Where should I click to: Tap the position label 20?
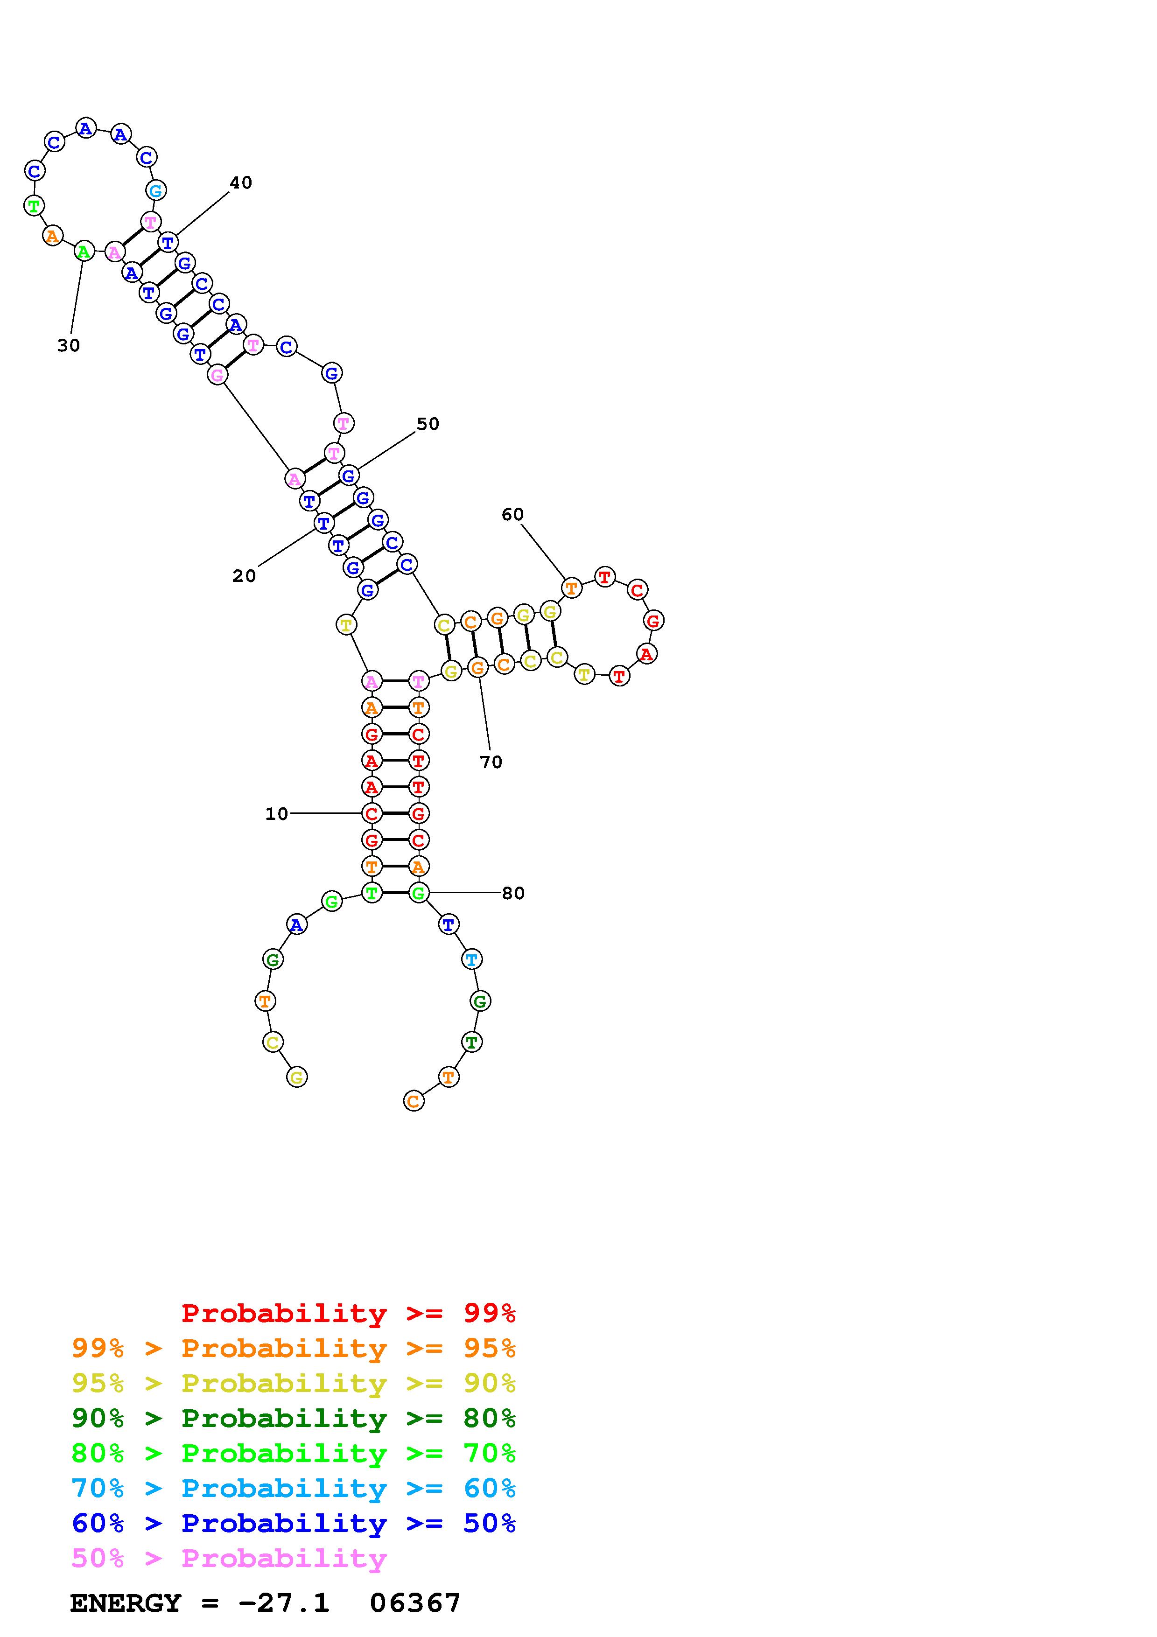(244, 576)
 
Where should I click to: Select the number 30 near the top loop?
(69, 346)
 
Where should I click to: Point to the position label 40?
(241, 183)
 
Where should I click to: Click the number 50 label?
(428, 424)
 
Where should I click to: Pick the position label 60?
(512, 515)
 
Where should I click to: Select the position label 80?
(513, 893)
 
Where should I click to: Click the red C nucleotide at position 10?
(372, 813)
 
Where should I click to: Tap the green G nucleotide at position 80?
(419, 893)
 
